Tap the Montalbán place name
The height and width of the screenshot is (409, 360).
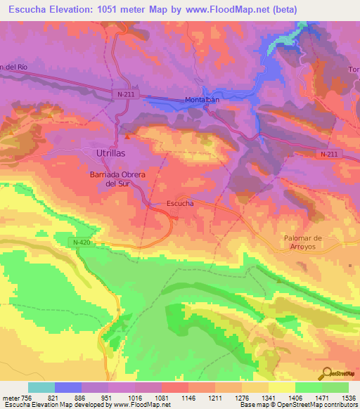pos(204,100)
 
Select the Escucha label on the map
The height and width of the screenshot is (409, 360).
pos(180,203)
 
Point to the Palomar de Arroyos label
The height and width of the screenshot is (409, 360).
pos(303,242)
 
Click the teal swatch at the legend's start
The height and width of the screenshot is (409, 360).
pos(41,387)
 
